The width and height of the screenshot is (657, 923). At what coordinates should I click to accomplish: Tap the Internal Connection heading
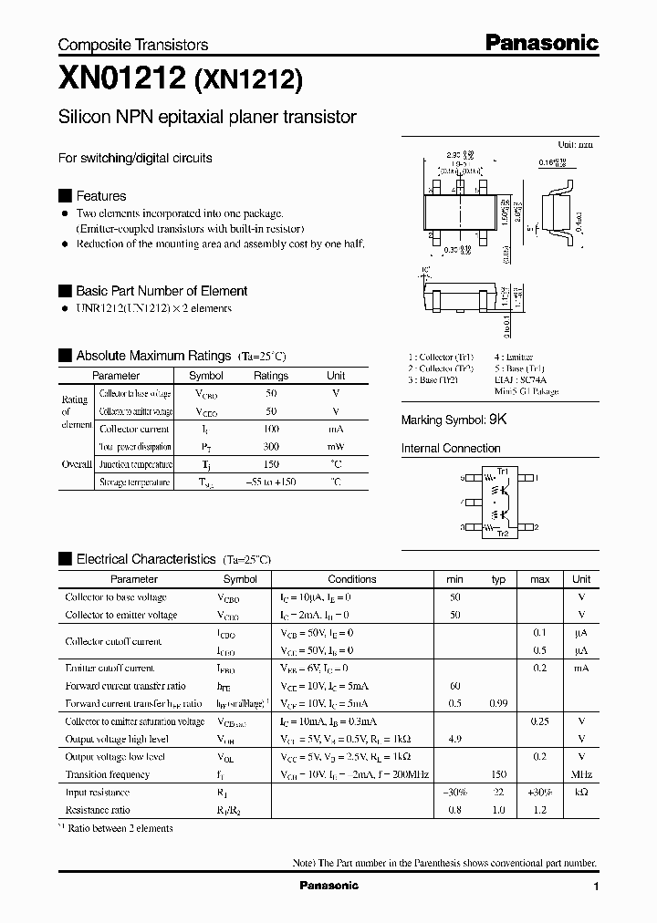click(451, 449)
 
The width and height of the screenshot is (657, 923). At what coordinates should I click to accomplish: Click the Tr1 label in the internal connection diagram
click(502, 470)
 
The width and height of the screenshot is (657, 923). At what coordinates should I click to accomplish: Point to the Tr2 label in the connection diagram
click(502, 533)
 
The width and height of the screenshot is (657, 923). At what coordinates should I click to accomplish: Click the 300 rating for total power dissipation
click(271, 447)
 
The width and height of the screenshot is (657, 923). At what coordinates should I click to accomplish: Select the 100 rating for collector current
click(271, 429)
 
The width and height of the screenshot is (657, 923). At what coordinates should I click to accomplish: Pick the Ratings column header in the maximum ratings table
click(271, 376)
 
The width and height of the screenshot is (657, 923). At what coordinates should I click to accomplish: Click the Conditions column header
click(351, 579)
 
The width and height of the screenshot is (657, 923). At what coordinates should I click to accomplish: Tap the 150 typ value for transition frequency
click(498, 774)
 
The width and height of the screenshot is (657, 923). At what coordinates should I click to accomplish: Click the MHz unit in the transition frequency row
click(580, 774)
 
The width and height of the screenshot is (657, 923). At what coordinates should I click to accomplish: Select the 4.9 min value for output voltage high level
click(455, 739)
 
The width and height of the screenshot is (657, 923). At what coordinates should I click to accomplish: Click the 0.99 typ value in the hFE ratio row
click(498, 703)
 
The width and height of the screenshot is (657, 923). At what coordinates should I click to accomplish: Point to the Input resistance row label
click(89, 793)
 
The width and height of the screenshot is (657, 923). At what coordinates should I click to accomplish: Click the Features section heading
click(100, 196)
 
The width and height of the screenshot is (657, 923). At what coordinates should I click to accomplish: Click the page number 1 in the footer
click(596, 887)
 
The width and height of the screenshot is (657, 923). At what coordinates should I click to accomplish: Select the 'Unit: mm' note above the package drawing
click(575, 145)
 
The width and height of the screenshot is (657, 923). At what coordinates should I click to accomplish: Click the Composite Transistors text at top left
click(133, 45)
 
